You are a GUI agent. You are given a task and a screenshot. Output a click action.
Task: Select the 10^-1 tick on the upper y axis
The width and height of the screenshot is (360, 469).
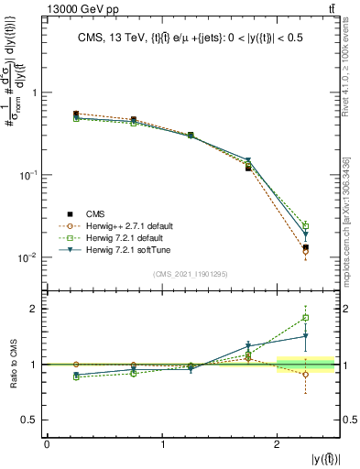30,174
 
